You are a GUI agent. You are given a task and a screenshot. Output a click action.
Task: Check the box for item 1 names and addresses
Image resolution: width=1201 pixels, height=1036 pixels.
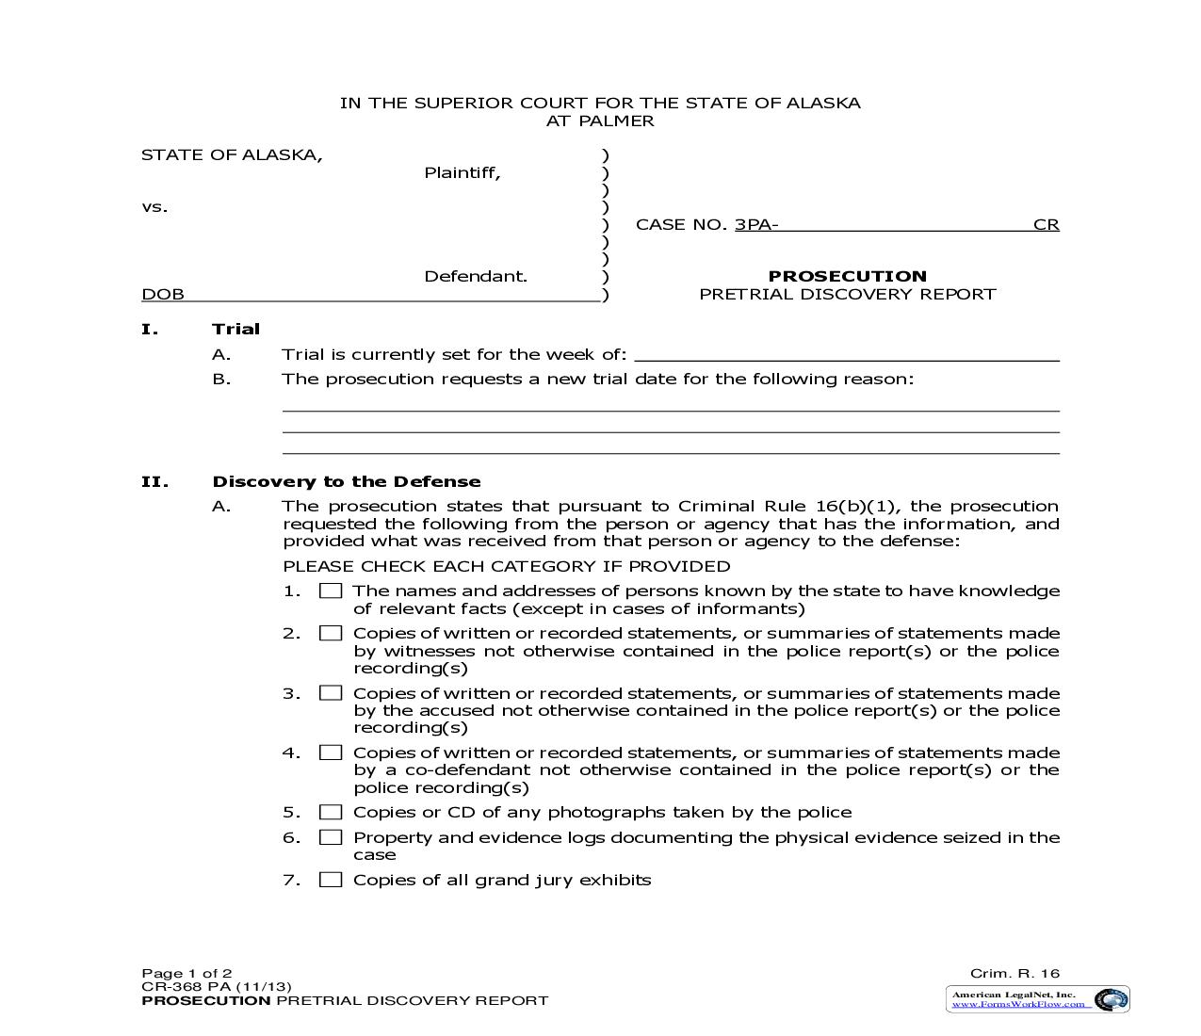pyautogui.click(x=331, y=591)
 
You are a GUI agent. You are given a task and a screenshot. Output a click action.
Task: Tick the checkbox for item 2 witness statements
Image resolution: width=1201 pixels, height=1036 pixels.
pyautogui.click(x=331, y=634)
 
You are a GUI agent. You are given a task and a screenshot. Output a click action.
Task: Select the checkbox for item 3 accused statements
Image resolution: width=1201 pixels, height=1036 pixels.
pyautogui.click(x=331, y=693)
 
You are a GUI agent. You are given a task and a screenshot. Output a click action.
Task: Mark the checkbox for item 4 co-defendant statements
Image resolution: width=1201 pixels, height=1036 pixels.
pyautogui.click(x=331, y=753)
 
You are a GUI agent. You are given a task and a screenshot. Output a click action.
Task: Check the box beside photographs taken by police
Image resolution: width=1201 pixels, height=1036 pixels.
pyautogui.click(x=331, y=813)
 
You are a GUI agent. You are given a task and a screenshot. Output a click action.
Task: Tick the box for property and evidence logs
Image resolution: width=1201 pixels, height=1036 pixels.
pyautogui.click(x=331, y=837)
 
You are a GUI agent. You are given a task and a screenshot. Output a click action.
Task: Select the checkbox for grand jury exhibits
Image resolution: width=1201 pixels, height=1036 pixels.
pyautogui.click(x=331, y=880)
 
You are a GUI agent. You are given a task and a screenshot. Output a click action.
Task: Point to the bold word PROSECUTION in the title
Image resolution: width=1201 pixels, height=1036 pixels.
pyautogui.click(x=847, y=276)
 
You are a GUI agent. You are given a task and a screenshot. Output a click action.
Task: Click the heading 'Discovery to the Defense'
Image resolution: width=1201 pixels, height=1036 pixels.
pyautogui.click(x=347, y=481)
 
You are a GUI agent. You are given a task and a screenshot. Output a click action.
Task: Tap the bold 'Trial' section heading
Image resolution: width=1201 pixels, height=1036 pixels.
pyautogui.click(x=235, y=329)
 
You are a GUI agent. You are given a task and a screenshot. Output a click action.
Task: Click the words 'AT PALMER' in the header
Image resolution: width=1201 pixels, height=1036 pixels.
pyautogui.click(x=600, y=121)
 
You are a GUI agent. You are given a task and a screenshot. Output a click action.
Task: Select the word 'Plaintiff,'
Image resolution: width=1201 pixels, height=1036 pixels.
pyautogui.click(x=462, y=172)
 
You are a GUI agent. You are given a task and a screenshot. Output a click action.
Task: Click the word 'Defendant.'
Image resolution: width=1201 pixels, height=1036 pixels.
pyautogui.click(x=476, y=276)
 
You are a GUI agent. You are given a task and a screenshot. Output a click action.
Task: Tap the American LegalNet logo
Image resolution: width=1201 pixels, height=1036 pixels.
pyautogui.click(x=1037, y=999)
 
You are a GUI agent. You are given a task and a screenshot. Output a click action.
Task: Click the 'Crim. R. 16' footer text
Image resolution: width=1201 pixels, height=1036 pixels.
pyautogui.click(x=1014, y=974)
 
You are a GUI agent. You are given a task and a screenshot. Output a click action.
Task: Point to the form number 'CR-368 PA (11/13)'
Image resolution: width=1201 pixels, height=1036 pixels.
pyautogui.click(x=209, y=987)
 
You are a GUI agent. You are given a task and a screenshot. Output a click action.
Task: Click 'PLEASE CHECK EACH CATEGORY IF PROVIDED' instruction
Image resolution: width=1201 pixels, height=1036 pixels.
pyautogui.click(x=506, y=566)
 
